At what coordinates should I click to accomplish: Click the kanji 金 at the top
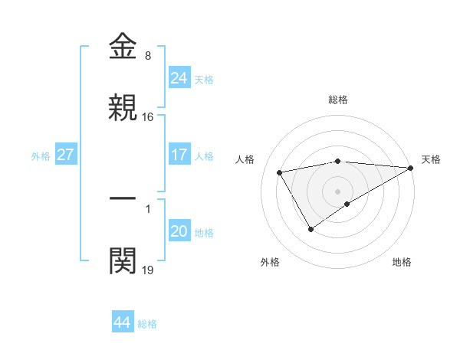point(123,47)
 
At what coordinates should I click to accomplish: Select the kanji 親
point(123,108)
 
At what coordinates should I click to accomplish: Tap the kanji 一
point(123,198)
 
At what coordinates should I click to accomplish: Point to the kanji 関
point(123,260)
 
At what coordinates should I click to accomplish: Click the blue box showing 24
point(179,77)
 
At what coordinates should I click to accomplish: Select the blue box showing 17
point(179,154)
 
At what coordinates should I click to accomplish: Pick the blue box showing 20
point(179,231)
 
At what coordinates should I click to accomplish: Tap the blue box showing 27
point(66,154)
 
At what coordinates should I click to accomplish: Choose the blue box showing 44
point(122,322)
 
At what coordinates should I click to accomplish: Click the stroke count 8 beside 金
point(148,56)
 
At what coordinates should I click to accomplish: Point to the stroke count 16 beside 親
point(148,117)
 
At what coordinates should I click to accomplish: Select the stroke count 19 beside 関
point(148,270)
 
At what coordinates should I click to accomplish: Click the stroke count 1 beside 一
point(148,208)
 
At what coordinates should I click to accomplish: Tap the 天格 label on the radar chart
point(431,159)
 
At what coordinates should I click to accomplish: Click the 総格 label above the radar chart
point(338,100)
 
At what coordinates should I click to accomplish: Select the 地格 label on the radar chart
point(402,263)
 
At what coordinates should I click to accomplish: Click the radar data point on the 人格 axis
point(280,172)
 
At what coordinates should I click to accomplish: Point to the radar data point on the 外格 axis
point(310,229)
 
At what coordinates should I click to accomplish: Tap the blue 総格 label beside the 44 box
point(147,324)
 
